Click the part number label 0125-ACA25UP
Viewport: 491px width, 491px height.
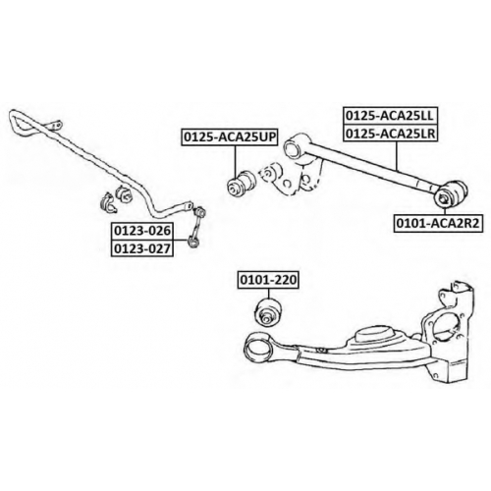[230, 137]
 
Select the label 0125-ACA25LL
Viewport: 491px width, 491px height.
[390, 115]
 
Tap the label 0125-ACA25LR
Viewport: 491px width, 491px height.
[390, 133]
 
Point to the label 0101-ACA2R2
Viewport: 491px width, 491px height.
[438, 224]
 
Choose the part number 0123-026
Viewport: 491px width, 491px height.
[142, 231]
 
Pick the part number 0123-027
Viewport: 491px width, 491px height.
[142, 248]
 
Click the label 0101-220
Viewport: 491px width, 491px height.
[268, 280]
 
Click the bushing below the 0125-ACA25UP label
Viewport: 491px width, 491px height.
[242, 184]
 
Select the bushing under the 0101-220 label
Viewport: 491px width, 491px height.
[268, 311]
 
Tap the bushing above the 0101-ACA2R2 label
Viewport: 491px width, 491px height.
[451, 194]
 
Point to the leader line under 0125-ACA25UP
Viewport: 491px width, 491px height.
[235, 161]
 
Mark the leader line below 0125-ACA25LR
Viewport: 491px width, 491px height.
[397, 156]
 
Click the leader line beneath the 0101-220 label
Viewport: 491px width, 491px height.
[268, 293]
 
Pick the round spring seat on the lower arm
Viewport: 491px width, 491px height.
[374, 336]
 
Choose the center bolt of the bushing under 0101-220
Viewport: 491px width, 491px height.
[266, 317]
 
